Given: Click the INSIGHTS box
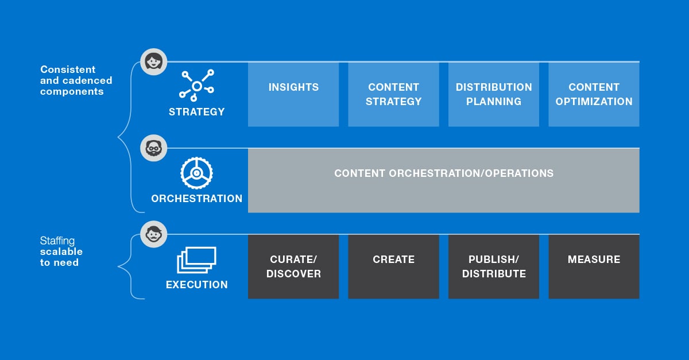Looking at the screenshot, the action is point(293,95).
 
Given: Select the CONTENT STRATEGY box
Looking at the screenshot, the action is point(393,95).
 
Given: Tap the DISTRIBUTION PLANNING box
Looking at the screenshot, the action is point(494,95).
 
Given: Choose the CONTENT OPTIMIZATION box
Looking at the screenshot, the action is point(594,95).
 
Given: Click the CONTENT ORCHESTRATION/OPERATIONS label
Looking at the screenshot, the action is point(444,173).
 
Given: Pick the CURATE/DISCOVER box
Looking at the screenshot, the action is point(293,267).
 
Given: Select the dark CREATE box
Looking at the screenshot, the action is point(393,267).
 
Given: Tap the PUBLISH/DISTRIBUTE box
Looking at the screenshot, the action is point(494,267).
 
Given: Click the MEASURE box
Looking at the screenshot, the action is point(594,267).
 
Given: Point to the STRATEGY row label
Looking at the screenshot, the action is point(197,112).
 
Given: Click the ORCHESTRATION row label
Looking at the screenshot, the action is point(197,199).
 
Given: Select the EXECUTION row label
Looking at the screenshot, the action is point(197,285).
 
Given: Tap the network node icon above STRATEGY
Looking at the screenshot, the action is point(197,86).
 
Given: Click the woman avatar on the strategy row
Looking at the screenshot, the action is point(154,61).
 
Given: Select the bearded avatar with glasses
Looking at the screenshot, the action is point(154,148).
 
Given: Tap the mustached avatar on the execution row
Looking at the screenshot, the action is point(154,234).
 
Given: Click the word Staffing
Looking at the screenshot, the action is point(57,241).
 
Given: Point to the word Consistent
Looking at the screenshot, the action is point(68,69).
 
